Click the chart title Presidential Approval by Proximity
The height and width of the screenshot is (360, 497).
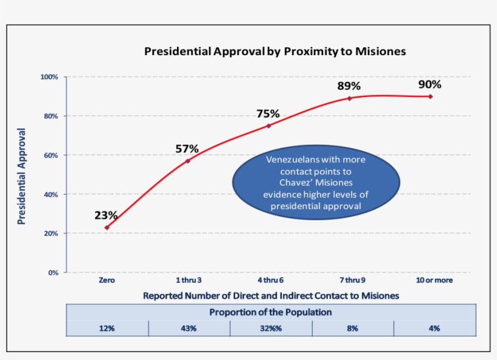coord(275,52)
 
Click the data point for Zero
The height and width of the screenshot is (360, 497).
coord(107,227)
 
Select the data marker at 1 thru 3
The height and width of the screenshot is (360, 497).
coord(188,161)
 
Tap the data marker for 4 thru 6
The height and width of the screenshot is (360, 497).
coord(269,125)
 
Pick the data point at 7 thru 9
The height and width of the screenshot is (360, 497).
coord(350,98)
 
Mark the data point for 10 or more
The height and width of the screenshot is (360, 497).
coord(430,96)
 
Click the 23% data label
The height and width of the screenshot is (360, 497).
coord(106,215)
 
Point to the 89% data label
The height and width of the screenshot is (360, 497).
coord(349,86)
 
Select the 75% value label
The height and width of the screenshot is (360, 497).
coord(268,113)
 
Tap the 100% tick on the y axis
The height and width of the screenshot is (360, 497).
coord(50,77)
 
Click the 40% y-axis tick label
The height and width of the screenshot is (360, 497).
coord(51,195)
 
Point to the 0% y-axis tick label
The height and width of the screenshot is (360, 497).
coord(53,273)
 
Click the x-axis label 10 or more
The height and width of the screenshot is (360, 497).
coord(434,281)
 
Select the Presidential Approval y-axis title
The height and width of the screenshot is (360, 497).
coord(22,176)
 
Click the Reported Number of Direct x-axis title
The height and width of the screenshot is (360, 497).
coord(271,296)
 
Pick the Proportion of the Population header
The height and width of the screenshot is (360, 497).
coord(271,312)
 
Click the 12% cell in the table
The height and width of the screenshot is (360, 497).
coord(107,328)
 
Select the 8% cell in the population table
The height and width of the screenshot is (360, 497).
coord(353,328)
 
